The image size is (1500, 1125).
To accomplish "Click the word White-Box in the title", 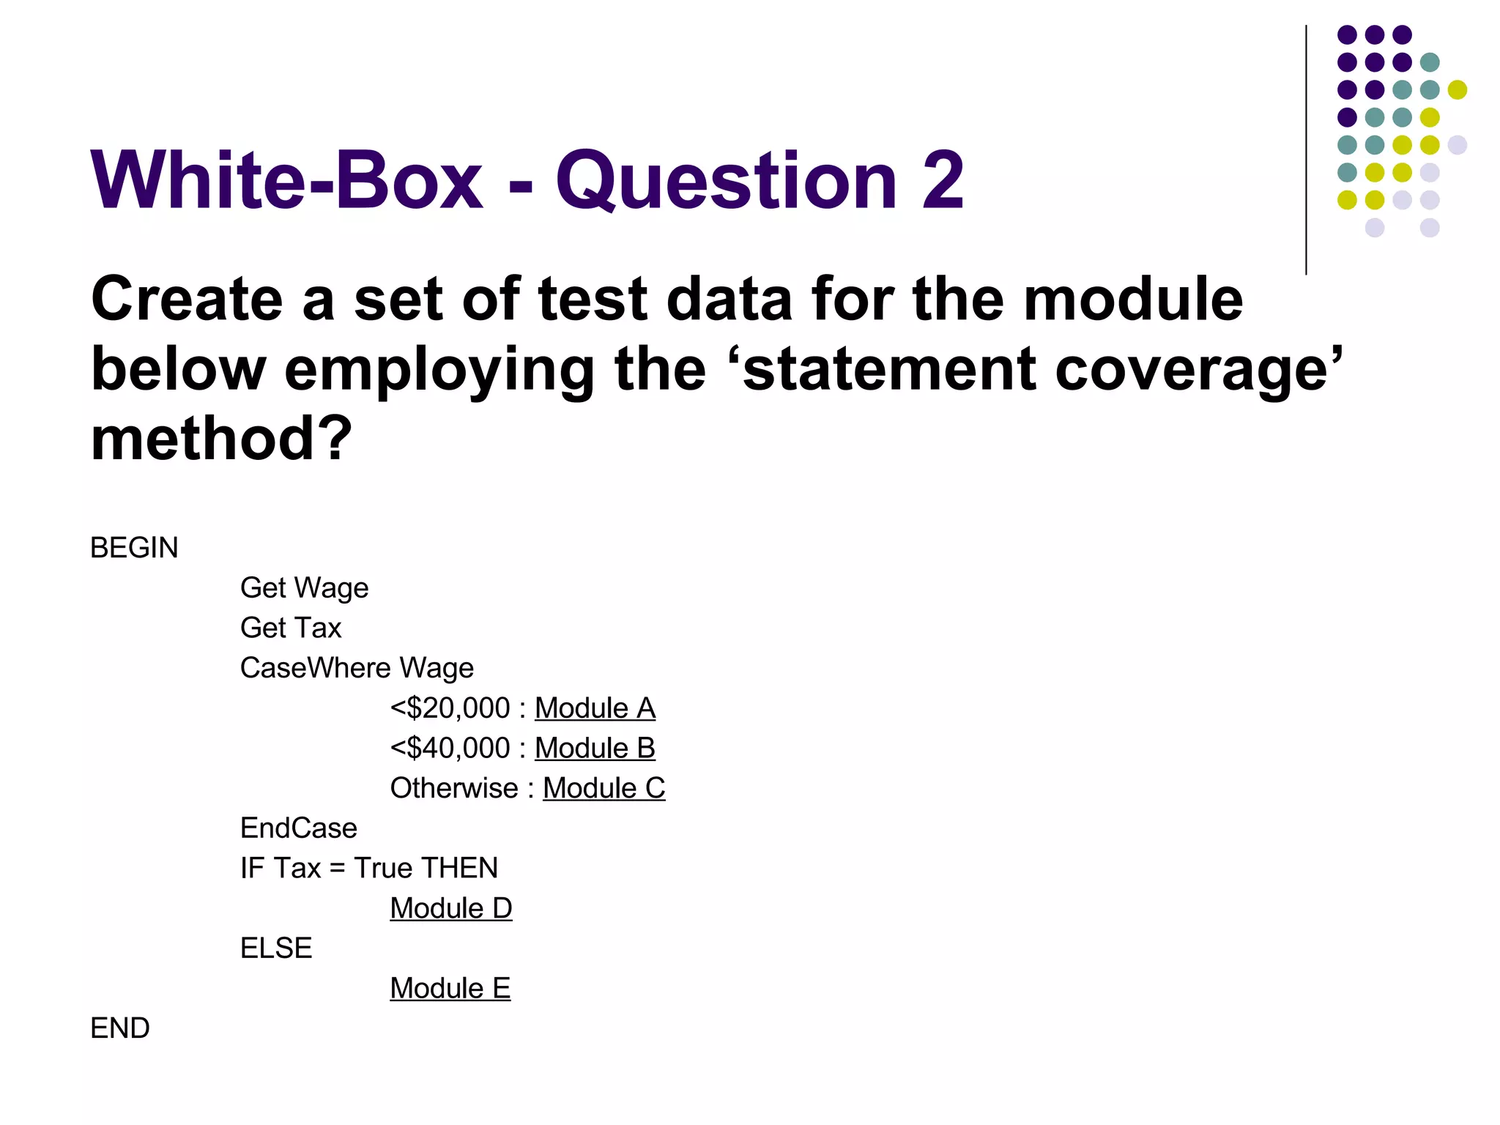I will pyautogui.click(x=286, y=180).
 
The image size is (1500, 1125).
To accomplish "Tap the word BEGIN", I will pyautogui.click(x=134, y=548).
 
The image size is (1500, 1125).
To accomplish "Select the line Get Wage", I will pyautogui.click(x=304, y=588).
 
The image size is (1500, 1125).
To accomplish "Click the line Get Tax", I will pyautogui.click(x=291, y=628).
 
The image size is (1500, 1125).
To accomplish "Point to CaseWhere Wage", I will pyautogui.click(x=357, y=668).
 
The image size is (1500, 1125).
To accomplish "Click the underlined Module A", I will pyautogui.click(x=595, y=708).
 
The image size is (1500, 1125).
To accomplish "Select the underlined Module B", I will pyautogui.click(x=595, y=748).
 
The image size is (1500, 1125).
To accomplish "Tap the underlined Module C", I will pyautogui.click(x=604, y=788).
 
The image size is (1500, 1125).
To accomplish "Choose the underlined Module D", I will pyautogui.click(x=450, y=908).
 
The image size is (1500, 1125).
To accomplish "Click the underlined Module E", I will pyautogui.click(x=450, y=988).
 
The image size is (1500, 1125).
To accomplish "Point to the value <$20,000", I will pyautogui.click(x=450, y=708).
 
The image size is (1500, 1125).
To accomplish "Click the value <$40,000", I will pyautogui.click(x=450, y=748).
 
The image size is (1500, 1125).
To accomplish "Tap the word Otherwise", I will pyautogui.click(x=454, y=788).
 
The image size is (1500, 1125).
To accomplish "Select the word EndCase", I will pyautogui.click(x=298, y=828).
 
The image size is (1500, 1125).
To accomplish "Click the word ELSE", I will pyautogui.click(x=276, y=948).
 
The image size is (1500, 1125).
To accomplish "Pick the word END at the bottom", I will pyautogui.click(x=120, y=1028).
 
